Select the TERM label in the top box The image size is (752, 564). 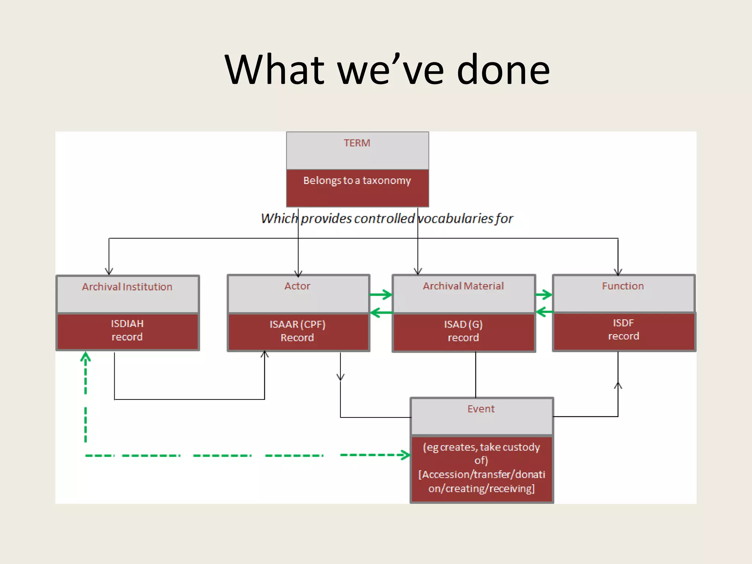[357, 143]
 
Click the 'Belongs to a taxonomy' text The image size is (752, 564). [357, 181]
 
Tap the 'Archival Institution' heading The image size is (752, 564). [127, 287]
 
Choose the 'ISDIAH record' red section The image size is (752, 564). [127, 330]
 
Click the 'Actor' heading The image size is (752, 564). [297, 286]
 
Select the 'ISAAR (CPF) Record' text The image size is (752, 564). [297, 331]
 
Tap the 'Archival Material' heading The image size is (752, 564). [463, 286]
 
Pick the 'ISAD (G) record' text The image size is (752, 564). [463, 331]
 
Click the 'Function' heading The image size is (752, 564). [623, 286]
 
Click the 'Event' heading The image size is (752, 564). [481, 409]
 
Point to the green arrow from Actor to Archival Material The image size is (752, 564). [382, 294]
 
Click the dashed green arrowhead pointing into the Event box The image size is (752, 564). [405, 455]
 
